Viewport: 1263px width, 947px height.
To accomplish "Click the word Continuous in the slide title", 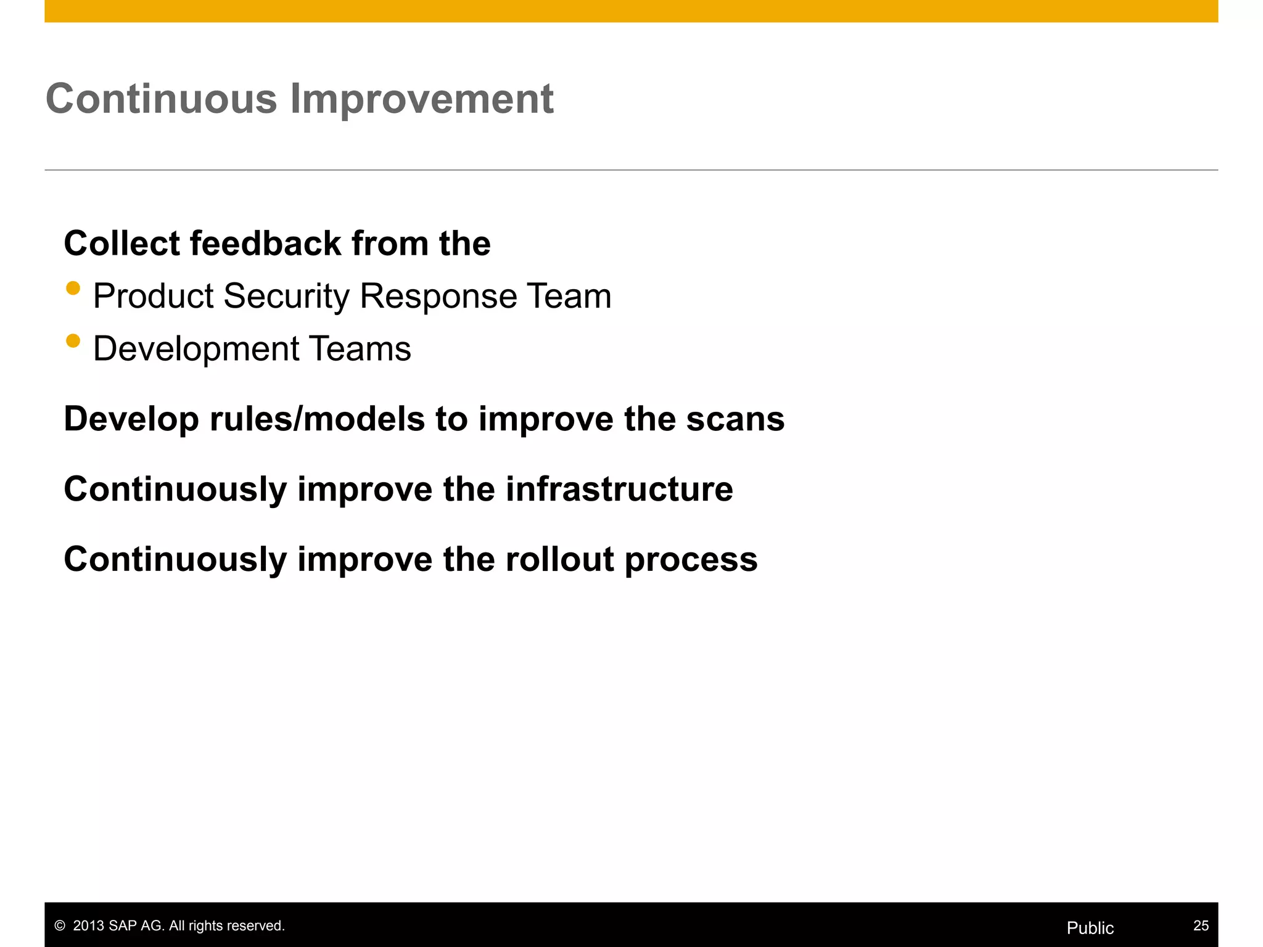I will (162, 99).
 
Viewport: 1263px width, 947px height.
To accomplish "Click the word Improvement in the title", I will (422, 99).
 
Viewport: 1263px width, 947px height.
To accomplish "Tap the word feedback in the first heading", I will (265, 243).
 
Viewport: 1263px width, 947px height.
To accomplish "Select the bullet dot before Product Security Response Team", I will (73, 288).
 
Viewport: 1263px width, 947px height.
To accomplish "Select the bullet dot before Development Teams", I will (73, 341).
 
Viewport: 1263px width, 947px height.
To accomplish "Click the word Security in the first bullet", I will (286, 297).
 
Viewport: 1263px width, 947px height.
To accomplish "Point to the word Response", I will (438, 297).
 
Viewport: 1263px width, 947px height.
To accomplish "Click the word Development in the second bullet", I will (196, 349).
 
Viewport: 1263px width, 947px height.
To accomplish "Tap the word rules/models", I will (317, 419).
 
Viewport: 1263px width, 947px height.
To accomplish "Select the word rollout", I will (559, 559).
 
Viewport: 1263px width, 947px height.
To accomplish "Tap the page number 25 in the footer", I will (1201, 925).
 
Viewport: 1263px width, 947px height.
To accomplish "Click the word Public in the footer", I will (1090, 928).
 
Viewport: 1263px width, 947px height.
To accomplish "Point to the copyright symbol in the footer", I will (60, 926).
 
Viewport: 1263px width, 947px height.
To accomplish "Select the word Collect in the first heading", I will (121, 243).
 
